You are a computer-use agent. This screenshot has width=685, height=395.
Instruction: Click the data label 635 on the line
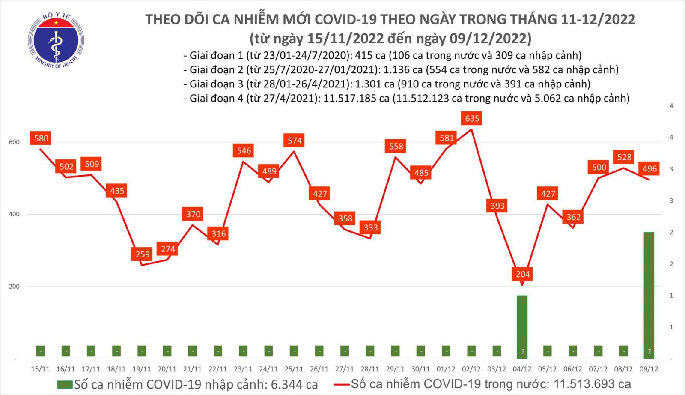click(472, 119)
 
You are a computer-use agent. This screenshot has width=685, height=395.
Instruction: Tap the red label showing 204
click(523, 274)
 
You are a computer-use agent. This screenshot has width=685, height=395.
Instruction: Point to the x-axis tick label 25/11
click(294, 369)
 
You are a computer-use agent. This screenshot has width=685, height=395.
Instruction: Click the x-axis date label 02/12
click(471, 369)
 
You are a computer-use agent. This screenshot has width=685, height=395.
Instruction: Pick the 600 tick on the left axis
click(14, 142)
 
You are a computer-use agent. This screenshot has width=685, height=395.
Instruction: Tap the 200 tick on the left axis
click(14, 286)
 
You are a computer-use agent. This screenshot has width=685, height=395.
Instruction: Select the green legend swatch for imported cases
click(65, 384)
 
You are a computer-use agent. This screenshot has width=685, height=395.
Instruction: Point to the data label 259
click(143, 254)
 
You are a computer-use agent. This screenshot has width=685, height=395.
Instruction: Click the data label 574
click(295, 141)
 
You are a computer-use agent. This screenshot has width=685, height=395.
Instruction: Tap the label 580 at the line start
click(41, 138)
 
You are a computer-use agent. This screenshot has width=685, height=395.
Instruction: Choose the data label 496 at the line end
click(649, 169)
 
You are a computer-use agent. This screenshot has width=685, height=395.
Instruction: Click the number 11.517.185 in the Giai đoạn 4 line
click(356, 99)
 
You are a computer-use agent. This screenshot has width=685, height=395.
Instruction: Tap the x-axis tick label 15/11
click(40, 369)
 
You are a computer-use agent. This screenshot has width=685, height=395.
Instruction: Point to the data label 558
click(396, 147)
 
